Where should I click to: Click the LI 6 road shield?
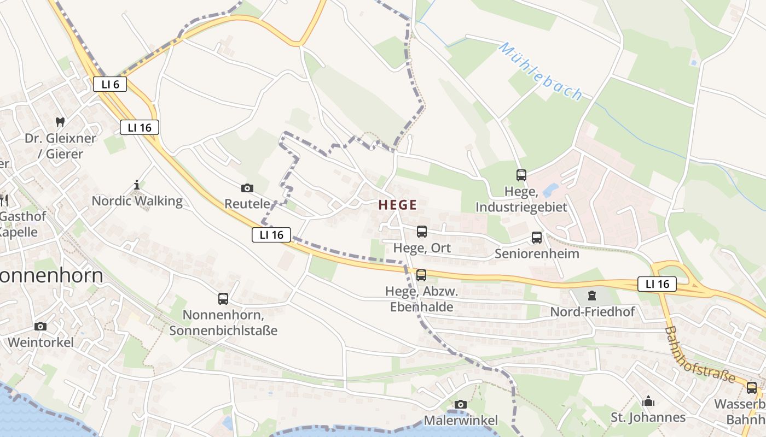click(110, 84)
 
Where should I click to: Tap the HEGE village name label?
click(398, 205)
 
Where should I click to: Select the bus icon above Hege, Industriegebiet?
click(521, 175)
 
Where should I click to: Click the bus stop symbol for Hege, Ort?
click(421, 232)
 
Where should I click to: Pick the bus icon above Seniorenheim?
click(537, 238)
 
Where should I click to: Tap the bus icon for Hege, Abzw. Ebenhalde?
click(421, 275)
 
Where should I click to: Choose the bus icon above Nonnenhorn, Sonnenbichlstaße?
click(223, 299)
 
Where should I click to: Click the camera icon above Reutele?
click(247, 188)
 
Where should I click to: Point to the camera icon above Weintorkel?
click(40, 326)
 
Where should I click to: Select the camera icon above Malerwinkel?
click(461, 404)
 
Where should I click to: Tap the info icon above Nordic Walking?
click(137, 185)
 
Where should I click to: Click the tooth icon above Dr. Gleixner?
click(60, 122)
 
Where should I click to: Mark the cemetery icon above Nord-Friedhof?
click(591, 296)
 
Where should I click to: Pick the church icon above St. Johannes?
click(648, 401)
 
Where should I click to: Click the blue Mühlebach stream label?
click(541, 72)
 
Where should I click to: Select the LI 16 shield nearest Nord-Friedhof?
click(657, 284)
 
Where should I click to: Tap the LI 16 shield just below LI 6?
click(140, 128)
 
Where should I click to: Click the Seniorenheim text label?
click(537, 254)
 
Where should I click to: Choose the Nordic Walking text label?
click(137, 201)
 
